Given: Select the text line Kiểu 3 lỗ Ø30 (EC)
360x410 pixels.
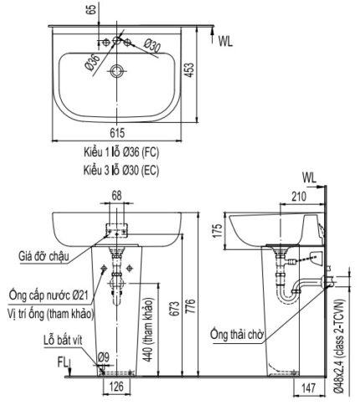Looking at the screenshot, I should (111, 169).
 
